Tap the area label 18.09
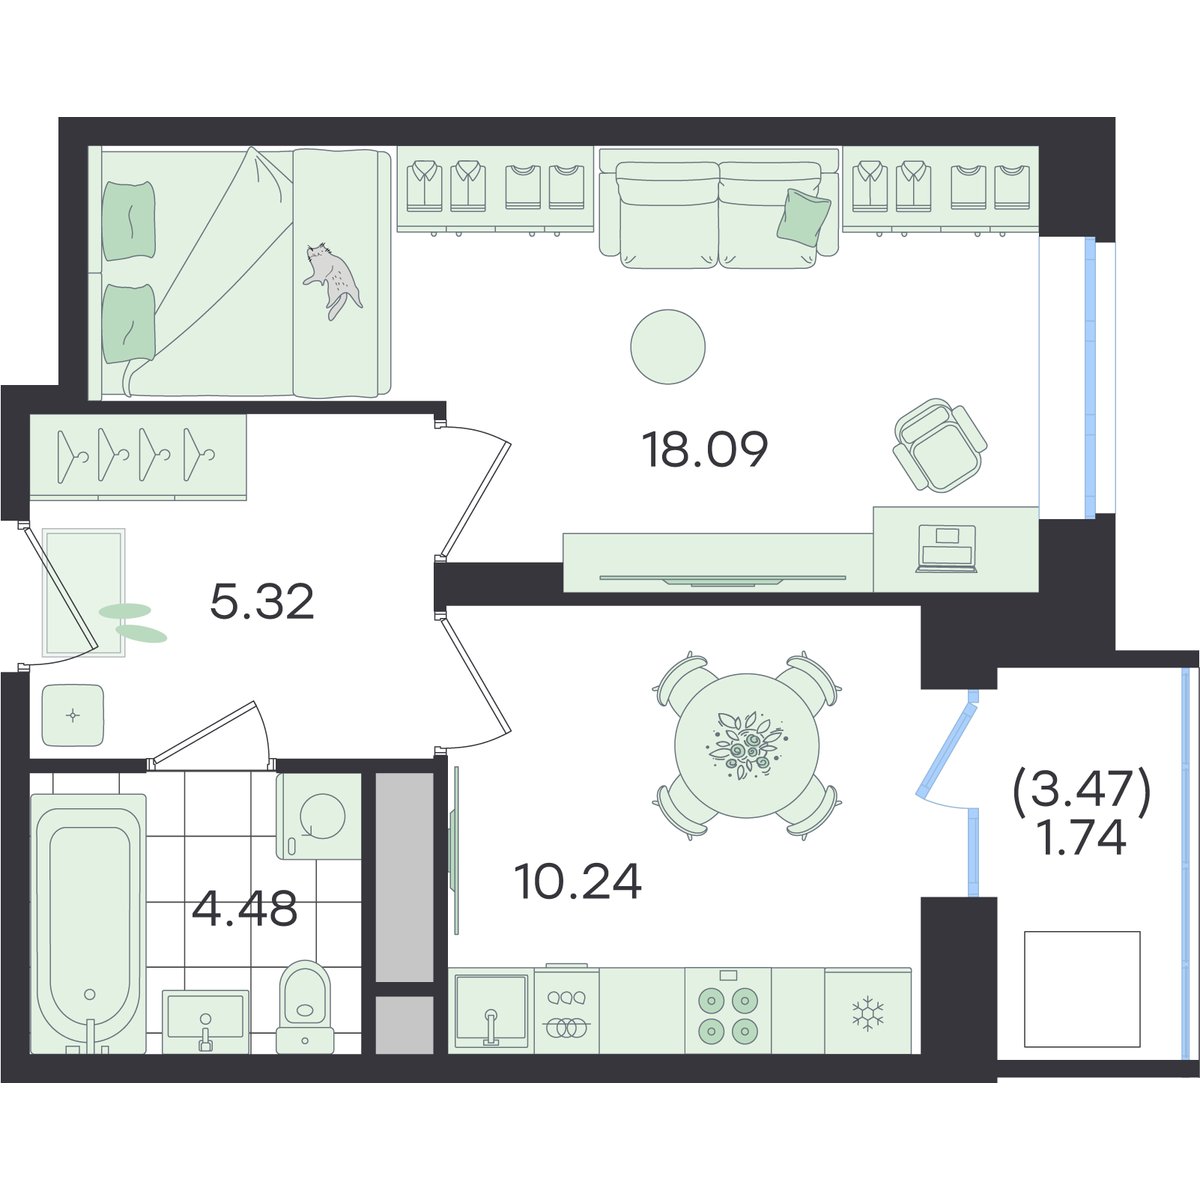pos(705,450)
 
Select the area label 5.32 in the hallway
pos(262,603)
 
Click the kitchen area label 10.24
pos(579,882)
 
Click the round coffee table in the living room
pos(668,347)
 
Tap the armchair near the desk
pos(940,444)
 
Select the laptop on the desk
pos(947,548)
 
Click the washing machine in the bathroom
pos(319,816)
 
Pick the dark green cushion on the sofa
pos(803,217)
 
